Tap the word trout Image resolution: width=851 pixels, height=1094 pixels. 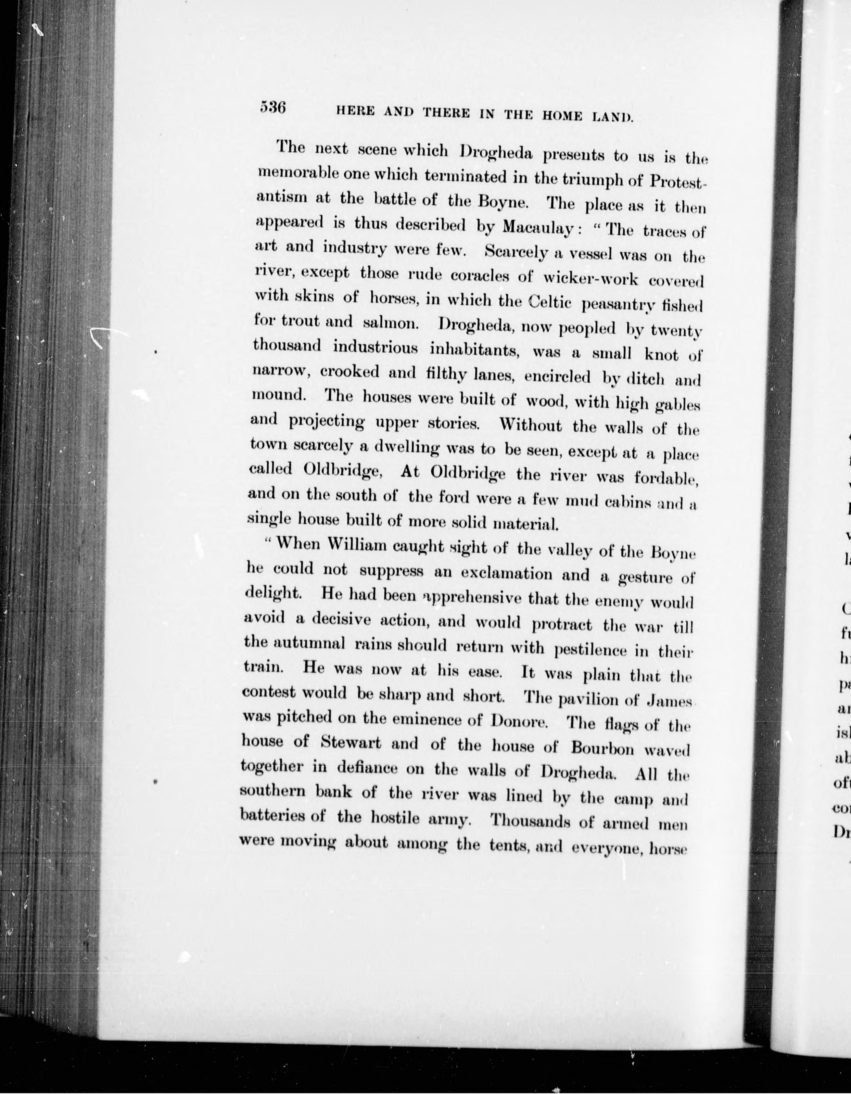[x=294, y=321]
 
